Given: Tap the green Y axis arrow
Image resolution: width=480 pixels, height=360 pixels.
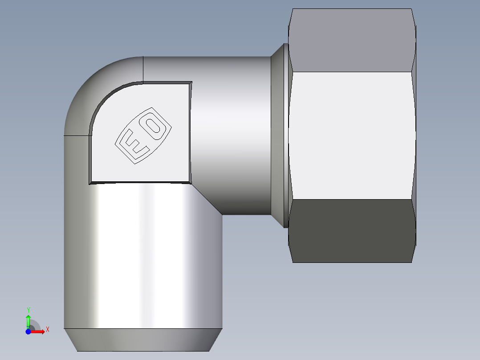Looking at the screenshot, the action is (28, 321).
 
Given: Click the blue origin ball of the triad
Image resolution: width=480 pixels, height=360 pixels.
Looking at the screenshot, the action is (28, 331).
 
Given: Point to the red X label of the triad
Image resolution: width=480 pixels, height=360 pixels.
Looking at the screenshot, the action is (48, 330).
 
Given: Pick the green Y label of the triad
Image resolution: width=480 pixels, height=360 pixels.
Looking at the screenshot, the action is (28, 310).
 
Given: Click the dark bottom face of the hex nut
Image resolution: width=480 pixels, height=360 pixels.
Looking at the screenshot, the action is (352, 231).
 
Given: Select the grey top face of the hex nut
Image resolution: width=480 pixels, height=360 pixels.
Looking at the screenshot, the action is (352, 40).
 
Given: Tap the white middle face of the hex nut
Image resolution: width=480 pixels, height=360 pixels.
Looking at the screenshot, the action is (352, 135).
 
